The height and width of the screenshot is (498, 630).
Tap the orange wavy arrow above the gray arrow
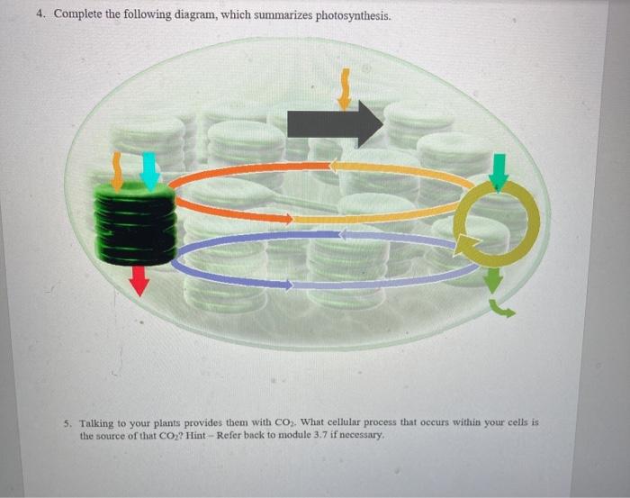pos(343,86)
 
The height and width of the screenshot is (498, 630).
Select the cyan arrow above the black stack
pos(150,170)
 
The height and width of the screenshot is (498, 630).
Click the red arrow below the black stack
pos(139,281)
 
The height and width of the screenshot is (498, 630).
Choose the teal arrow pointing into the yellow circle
pos(499,171)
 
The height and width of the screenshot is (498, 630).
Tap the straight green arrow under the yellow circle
pos(492,280)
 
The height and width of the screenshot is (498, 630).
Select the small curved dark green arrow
pos(502,310)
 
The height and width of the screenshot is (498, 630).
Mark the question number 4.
pos(40,15)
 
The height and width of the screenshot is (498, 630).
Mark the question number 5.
pos(68,421)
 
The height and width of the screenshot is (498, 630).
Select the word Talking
pos(98,421)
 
